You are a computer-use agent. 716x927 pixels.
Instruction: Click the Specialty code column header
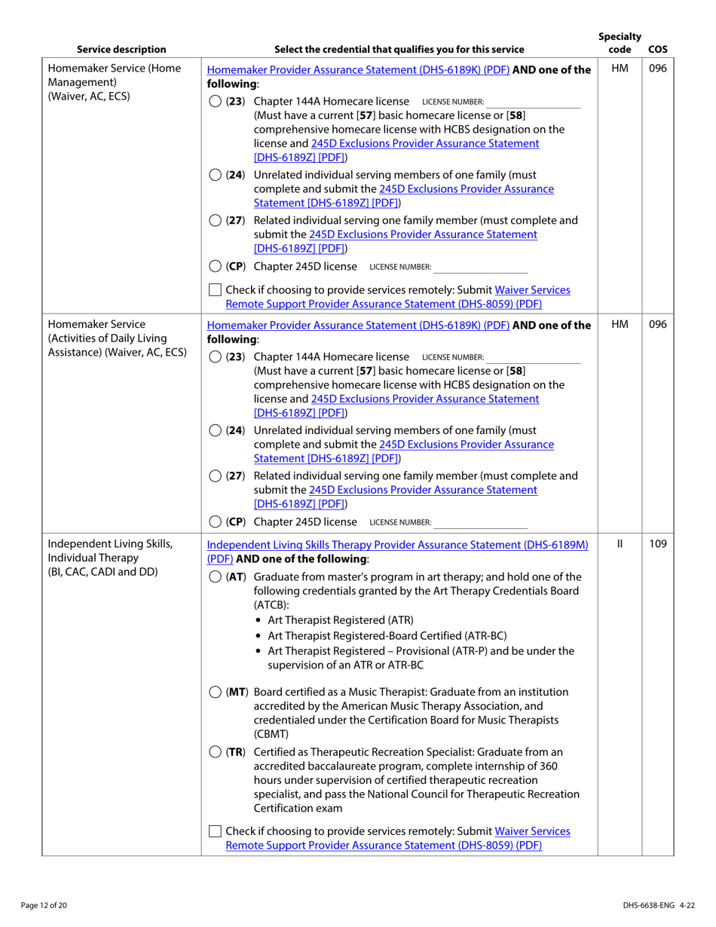click(619, 43)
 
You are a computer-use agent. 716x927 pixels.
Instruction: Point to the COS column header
click(656, 50)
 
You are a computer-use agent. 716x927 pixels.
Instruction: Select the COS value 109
click(657, 543)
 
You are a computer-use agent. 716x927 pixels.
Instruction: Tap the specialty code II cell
click(619, 543)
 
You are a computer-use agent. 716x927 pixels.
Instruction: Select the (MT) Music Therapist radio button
click(215, 692)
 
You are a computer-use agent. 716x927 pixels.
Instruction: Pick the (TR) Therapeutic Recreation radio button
click(215, 752)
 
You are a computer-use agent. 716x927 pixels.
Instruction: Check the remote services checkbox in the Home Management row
click(215, 289)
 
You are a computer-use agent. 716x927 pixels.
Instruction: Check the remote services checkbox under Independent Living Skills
click(215, 831)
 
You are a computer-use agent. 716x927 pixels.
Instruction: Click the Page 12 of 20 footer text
click(47, 904)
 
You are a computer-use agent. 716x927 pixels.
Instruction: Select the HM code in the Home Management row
click(619, 69)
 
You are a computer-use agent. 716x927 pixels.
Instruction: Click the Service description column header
click(121, 50)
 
